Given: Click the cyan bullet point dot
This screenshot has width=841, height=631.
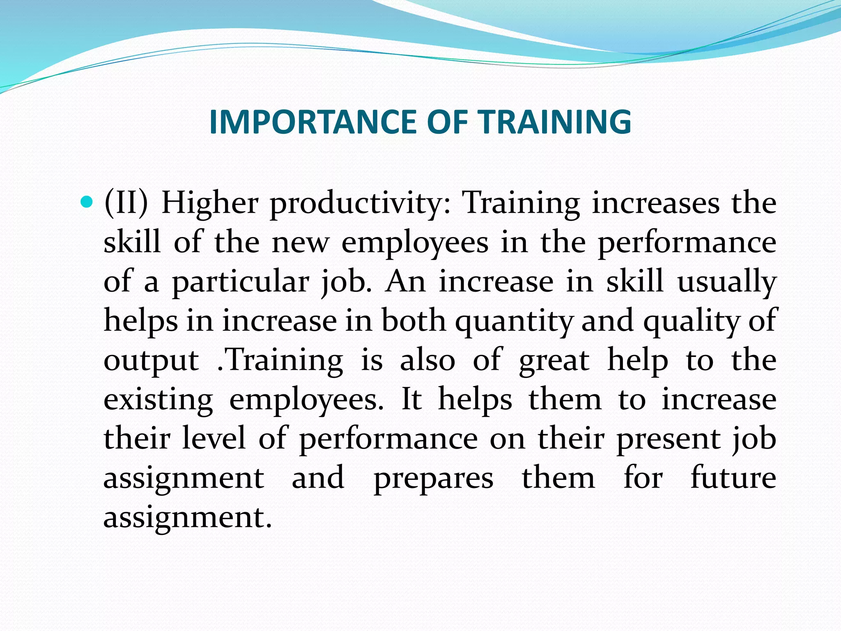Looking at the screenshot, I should click(85, 202).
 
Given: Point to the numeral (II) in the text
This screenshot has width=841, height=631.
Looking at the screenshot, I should click(126, 203).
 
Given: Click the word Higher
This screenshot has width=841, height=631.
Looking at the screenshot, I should click(210, 203).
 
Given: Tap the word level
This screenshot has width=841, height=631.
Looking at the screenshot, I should click(214, 438).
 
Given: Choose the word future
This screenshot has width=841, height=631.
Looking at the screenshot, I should click(733, 478).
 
